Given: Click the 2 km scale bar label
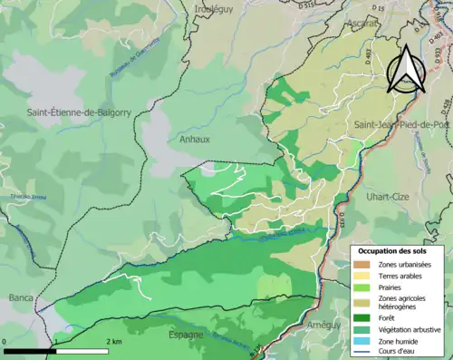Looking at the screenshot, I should tap(113, 341).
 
